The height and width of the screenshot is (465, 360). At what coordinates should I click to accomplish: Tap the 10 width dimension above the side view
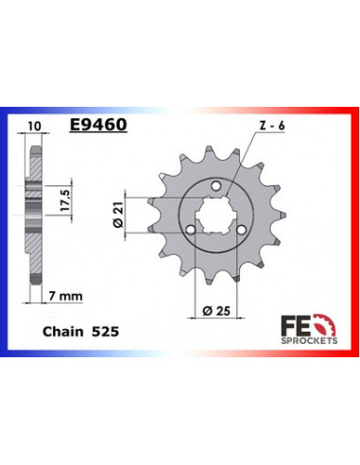point(34,123)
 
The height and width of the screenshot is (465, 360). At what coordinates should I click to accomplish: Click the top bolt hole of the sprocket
point(216,186)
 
